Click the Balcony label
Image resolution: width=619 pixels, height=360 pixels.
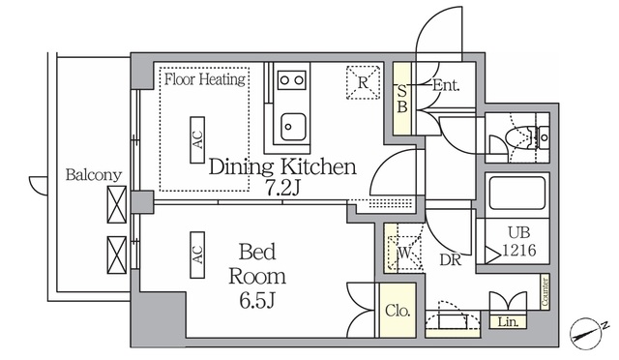coord(94,174)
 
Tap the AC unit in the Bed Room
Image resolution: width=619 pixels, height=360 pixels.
coord(197,255)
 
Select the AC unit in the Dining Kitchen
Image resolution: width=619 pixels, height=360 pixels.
coord(197,139)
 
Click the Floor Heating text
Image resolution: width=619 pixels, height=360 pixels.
coord(204,79)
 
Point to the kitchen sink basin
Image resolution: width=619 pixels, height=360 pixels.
coord(293,127)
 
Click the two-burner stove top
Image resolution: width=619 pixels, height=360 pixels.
coord(292,80)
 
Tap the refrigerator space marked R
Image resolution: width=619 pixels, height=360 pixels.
coord(364,82)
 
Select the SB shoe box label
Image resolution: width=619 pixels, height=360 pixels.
coord(402,99)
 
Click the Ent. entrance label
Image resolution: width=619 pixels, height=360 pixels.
coord(446,85)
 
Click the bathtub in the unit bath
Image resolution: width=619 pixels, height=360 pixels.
coord(517,194)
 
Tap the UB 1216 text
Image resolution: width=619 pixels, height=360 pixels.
coord(519,241)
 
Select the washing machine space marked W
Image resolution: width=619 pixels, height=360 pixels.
coord(404,254)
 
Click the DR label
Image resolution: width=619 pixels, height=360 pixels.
coord(451,259)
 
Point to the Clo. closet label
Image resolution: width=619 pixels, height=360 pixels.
coord(398,311)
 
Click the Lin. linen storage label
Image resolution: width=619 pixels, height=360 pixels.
coord(508,322)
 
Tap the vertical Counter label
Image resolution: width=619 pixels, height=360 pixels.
coord(545,291)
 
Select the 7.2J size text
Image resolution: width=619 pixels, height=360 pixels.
coord(282,189)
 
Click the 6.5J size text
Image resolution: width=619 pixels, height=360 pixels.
coord(257,301)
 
